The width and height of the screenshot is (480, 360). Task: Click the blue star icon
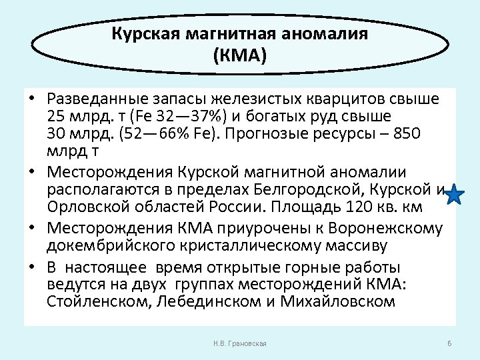(x=454, y=195)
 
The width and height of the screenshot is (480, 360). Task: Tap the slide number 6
(x=449, y=343)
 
